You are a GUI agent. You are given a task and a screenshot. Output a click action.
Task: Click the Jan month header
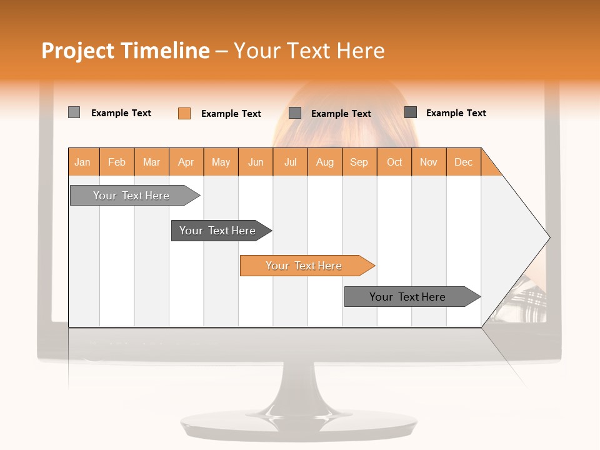coord(82,162)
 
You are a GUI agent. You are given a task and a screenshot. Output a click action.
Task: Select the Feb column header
coord(117,162)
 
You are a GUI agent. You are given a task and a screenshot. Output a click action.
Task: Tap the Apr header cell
coord(186,162)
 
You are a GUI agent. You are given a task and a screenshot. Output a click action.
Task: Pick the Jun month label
coord(256,162)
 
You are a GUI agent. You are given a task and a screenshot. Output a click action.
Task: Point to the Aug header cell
coord(324,162)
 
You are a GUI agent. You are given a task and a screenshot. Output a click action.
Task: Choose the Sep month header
coord(359,162)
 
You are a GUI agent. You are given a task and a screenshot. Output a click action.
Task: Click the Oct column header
coord(394,162)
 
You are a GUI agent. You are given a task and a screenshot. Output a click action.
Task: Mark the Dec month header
coord(463,162)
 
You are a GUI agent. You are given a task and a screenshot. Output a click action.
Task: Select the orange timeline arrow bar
coord(306,266)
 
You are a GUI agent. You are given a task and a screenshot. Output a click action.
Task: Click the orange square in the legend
coord(184,113)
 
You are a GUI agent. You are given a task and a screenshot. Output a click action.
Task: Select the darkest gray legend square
coord(411,112)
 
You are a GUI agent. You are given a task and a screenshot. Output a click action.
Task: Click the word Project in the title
coord(77,51)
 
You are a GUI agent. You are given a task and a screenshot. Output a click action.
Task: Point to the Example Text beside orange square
coord(231,114)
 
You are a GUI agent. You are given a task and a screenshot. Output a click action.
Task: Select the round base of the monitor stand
coord(299,425)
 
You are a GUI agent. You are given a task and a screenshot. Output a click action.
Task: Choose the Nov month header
coord(429,162)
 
